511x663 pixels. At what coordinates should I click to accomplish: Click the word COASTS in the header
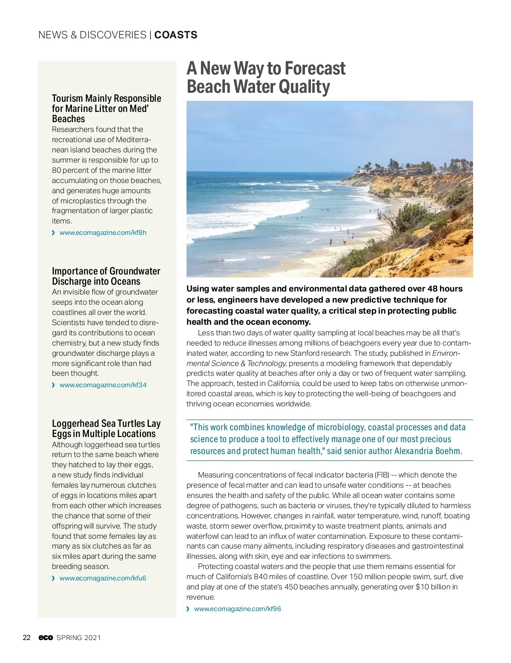click(175, 35)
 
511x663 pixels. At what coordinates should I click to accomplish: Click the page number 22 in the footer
click(27, 637)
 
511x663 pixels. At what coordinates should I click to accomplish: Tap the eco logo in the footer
click(46, 637)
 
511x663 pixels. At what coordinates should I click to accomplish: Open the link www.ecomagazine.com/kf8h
click(103, 233)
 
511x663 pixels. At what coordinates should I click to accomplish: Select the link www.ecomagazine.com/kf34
click(103, 385)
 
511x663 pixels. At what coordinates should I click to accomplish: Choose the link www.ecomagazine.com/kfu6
click(103, 578)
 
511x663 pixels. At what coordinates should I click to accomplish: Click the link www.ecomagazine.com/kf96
click(237, 609)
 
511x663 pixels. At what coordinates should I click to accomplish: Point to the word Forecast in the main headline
click(315, 69)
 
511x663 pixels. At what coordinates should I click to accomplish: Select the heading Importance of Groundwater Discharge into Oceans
click(106, 276)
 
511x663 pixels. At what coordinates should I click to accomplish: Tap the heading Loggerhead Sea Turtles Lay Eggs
click(106, 429)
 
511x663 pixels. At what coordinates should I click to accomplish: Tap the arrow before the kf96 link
click(189, 609)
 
